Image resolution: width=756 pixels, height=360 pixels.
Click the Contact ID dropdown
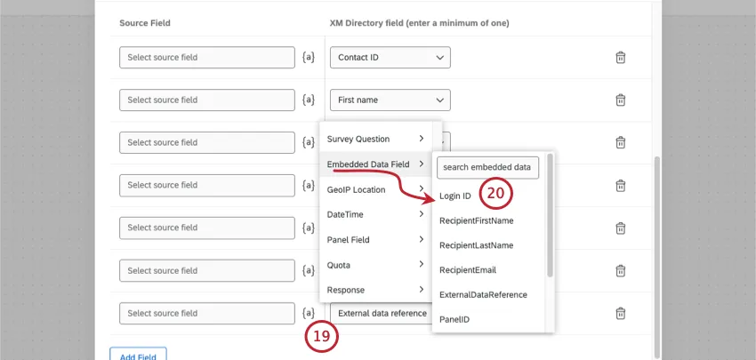[390, 58]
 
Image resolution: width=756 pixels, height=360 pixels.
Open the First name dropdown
[390, 100]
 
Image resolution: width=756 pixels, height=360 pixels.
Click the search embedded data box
[487, 167]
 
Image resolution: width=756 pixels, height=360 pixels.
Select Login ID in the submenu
[455, 196]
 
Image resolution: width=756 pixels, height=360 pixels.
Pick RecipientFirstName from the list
[476, 220]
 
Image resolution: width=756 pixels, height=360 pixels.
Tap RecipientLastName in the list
[476, 245]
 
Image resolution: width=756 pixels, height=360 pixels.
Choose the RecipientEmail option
[468, 269]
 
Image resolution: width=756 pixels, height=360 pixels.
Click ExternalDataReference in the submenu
[483, 294]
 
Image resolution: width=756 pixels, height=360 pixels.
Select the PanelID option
[454, 318]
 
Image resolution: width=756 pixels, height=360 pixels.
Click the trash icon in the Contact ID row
[621, 58]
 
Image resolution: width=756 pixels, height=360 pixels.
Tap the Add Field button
[138, 356]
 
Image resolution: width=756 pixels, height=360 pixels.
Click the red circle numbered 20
[497, 192]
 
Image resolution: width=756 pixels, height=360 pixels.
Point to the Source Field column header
[145, 21]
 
